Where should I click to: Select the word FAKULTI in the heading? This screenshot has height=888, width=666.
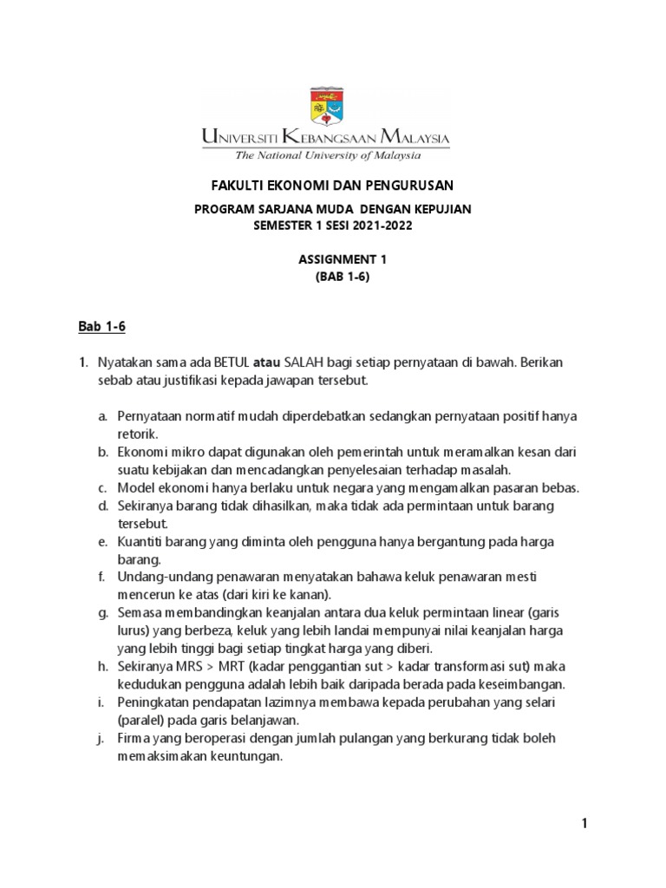(239, 186)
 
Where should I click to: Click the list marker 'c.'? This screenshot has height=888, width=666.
(102, 487)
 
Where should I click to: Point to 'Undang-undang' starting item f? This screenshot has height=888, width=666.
(156, 577)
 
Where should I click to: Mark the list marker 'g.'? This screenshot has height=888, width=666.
(102, 612)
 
